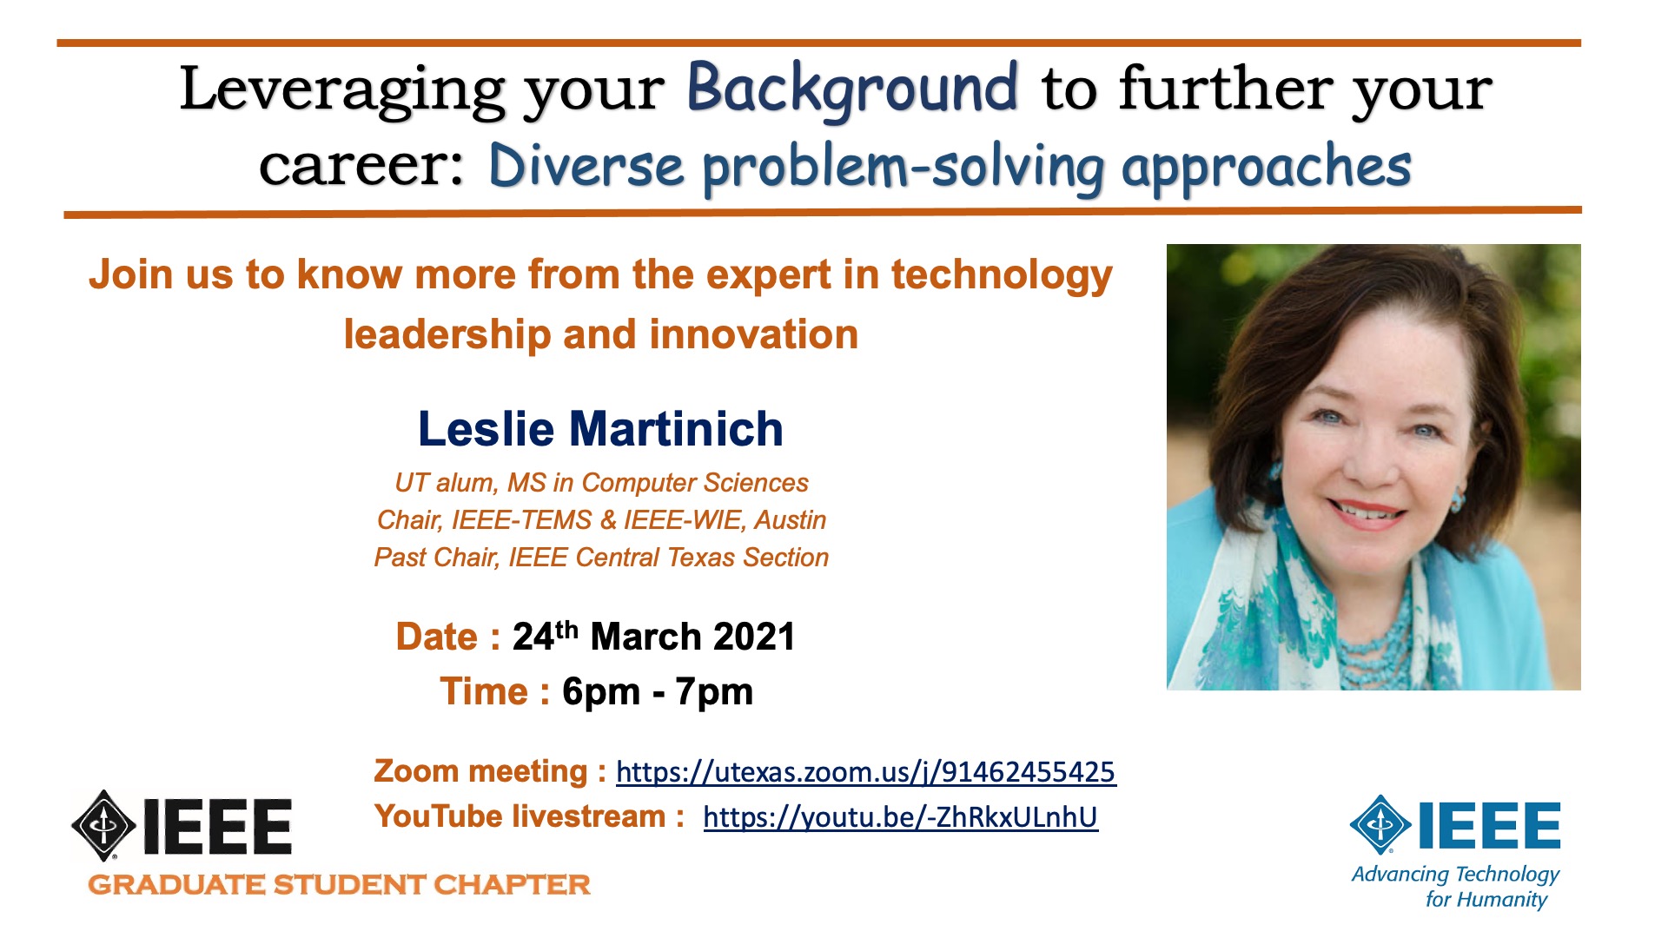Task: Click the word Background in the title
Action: (x=851, y=89)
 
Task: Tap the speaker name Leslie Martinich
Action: (x=600, y=429)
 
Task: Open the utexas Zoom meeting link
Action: (x=865, y=772)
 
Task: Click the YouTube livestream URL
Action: (x=901, y=817)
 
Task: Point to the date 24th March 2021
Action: (x=653, y=637)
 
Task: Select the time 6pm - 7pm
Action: (x=658, y=692)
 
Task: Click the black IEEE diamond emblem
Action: (x=103, y=825)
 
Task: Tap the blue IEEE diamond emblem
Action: (x=1380, y=824)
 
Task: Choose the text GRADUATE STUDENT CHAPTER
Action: (x=339, y=885)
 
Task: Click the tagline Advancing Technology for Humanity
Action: (x=1455, y=887)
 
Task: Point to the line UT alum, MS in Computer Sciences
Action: (x=601, y=483)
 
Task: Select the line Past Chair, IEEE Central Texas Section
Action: (x=601, y=558)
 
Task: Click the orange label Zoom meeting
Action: (x=480, y=771)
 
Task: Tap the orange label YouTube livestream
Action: (x=520, y=816)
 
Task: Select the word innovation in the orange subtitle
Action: (x=754, y=334)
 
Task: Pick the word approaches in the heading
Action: (x=1266, y=168)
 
